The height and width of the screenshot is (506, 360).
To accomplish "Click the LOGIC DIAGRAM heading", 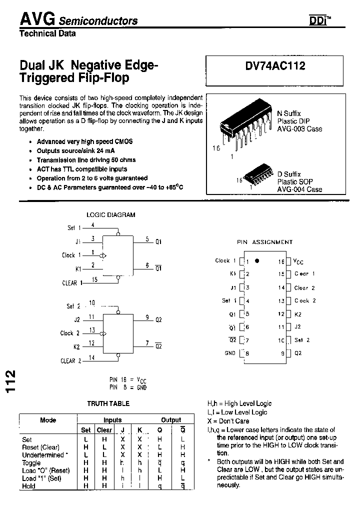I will [x=111, y=215].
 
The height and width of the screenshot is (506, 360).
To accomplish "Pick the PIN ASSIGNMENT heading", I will [x=264, y=242].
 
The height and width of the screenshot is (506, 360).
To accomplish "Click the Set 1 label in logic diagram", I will [x=74, y=228].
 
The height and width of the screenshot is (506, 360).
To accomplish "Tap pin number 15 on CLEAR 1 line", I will [x=94, y=279].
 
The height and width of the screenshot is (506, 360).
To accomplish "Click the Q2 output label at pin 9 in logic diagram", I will [x=158, y=319].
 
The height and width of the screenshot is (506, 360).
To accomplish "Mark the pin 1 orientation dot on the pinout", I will [x=257, y=261].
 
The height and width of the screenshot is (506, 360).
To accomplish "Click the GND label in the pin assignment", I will [x=230, y=353].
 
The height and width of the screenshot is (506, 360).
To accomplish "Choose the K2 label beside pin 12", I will [x=297, y=314].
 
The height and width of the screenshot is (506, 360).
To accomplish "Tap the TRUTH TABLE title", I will [x=108, y=403].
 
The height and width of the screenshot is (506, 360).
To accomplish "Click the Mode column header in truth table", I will [x=48, y=420].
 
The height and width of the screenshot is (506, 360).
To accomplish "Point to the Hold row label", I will [x=28, y=486].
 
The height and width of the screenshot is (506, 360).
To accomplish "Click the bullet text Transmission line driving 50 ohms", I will [x=86, y=160].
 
